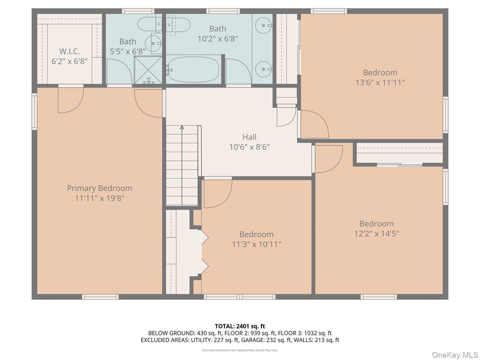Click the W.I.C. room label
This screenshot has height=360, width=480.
[70, 52]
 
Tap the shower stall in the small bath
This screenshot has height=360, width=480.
[148, 70]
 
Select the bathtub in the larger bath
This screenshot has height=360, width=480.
[194, 70]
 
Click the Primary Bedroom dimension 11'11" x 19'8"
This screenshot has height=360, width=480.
[99, 198]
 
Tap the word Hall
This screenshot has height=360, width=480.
[249, 137]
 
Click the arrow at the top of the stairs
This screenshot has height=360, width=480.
[182, 128]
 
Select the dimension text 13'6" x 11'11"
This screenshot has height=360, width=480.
[380, 82]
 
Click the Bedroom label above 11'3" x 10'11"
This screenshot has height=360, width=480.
[256, 234]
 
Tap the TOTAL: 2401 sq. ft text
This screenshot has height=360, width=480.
[240, 326]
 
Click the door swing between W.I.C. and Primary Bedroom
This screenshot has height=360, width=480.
[70, 100]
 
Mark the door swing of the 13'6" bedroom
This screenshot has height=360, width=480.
[314, 124]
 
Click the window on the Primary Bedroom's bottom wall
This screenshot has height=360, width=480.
[100, 297]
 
